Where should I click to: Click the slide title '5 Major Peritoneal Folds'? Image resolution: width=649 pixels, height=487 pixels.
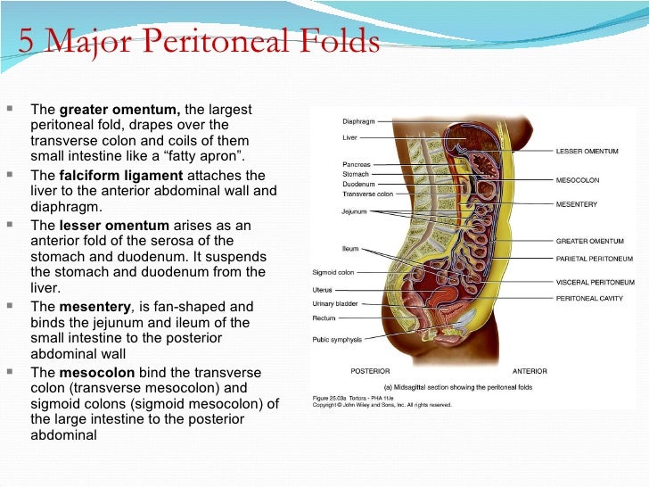tap(199, 42)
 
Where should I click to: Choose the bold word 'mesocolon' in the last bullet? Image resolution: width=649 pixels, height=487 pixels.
tap(96, 371)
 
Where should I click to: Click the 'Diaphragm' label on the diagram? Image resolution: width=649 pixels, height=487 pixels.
tap(358, 121)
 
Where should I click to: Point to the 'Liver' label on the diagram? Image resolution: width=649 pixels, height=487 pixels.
tap(349, 137)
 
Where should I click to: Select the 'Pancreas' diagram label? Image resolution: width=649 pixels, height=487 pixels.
tap(357, 164)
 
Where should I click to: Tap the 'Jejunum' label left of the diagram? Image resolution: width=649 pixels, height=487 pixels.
tap(354, 211)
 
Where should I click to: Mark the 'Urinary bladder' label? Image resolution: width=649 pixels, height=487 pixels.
tap(335, 303)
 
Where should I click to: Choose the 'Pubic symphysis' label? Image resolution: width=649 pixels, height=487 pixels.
tap(336, 339)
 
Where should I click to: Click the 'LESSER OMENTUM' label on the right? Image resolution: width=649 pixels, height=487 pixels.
tap(587, 151)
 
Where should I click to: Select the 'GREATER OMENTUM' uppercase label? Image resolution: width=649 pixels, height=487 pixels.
tap(589, 241)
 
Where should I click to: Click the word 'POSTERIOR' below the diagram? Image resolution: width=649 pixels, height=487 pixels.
tap(370, 370)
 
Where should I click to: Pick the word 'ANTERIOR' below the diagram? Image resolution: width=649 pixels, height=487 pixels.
tap(530, 370)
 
